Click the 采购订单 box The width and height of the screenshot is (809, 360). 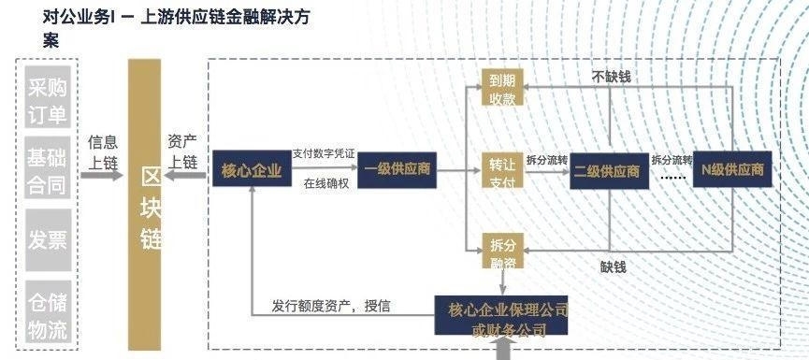coord(48,100)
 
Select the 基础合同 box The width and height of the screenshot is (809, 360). coord(48,168)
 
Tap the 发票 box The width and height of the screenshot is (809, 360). coord(48,239)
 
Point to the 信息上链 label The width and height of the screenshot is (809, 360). coord(103,151)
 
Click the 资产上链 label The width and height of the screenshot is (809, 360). coord(182,151)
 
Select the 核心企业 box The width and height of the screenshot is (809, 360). coord(252,171)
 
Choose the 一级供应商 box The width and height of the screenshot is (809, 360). coord(397,171)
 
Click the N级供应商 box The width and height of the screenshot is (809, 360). coord(732,171)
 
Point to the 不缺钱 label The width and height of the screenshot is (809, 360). coord(612,76)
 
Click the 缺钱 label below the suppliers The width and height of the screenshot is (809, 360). coord(614,266)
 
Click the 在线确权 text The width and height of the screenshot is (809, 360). coord(326,183)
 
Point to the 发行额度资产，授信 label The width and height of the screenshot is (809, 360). coord(331,305)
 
